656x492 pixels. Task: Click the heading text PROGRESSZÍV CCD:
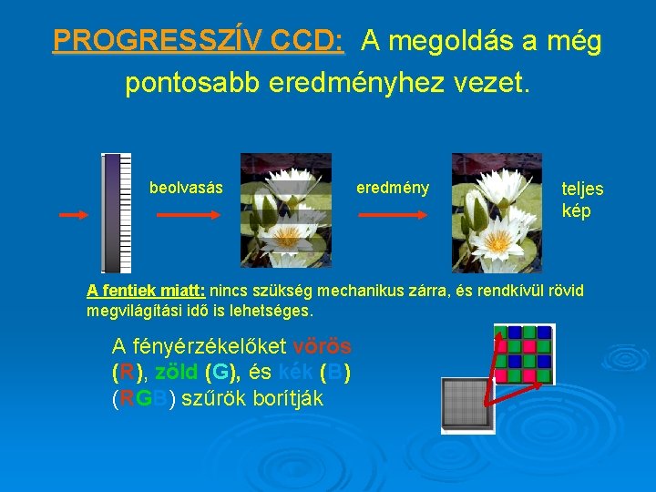[x=198, y=42]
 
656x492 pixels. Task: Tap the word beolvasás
[x=186, y=188]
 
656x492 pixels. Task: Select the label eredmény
[x=392, y=188]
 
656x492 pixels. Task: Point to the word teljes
[x=582, y=190]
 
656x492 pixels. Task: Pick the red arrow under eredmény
[x=392, y=215]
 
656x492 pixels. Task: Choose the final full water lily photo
[x=497, y=212]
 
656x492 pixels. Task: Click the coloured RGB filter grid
[x=523, y=354]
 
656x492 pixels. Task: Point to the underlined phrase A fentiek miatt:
[x=146, y=292]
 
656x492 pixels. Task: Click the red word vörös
[x=323, y=347]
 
